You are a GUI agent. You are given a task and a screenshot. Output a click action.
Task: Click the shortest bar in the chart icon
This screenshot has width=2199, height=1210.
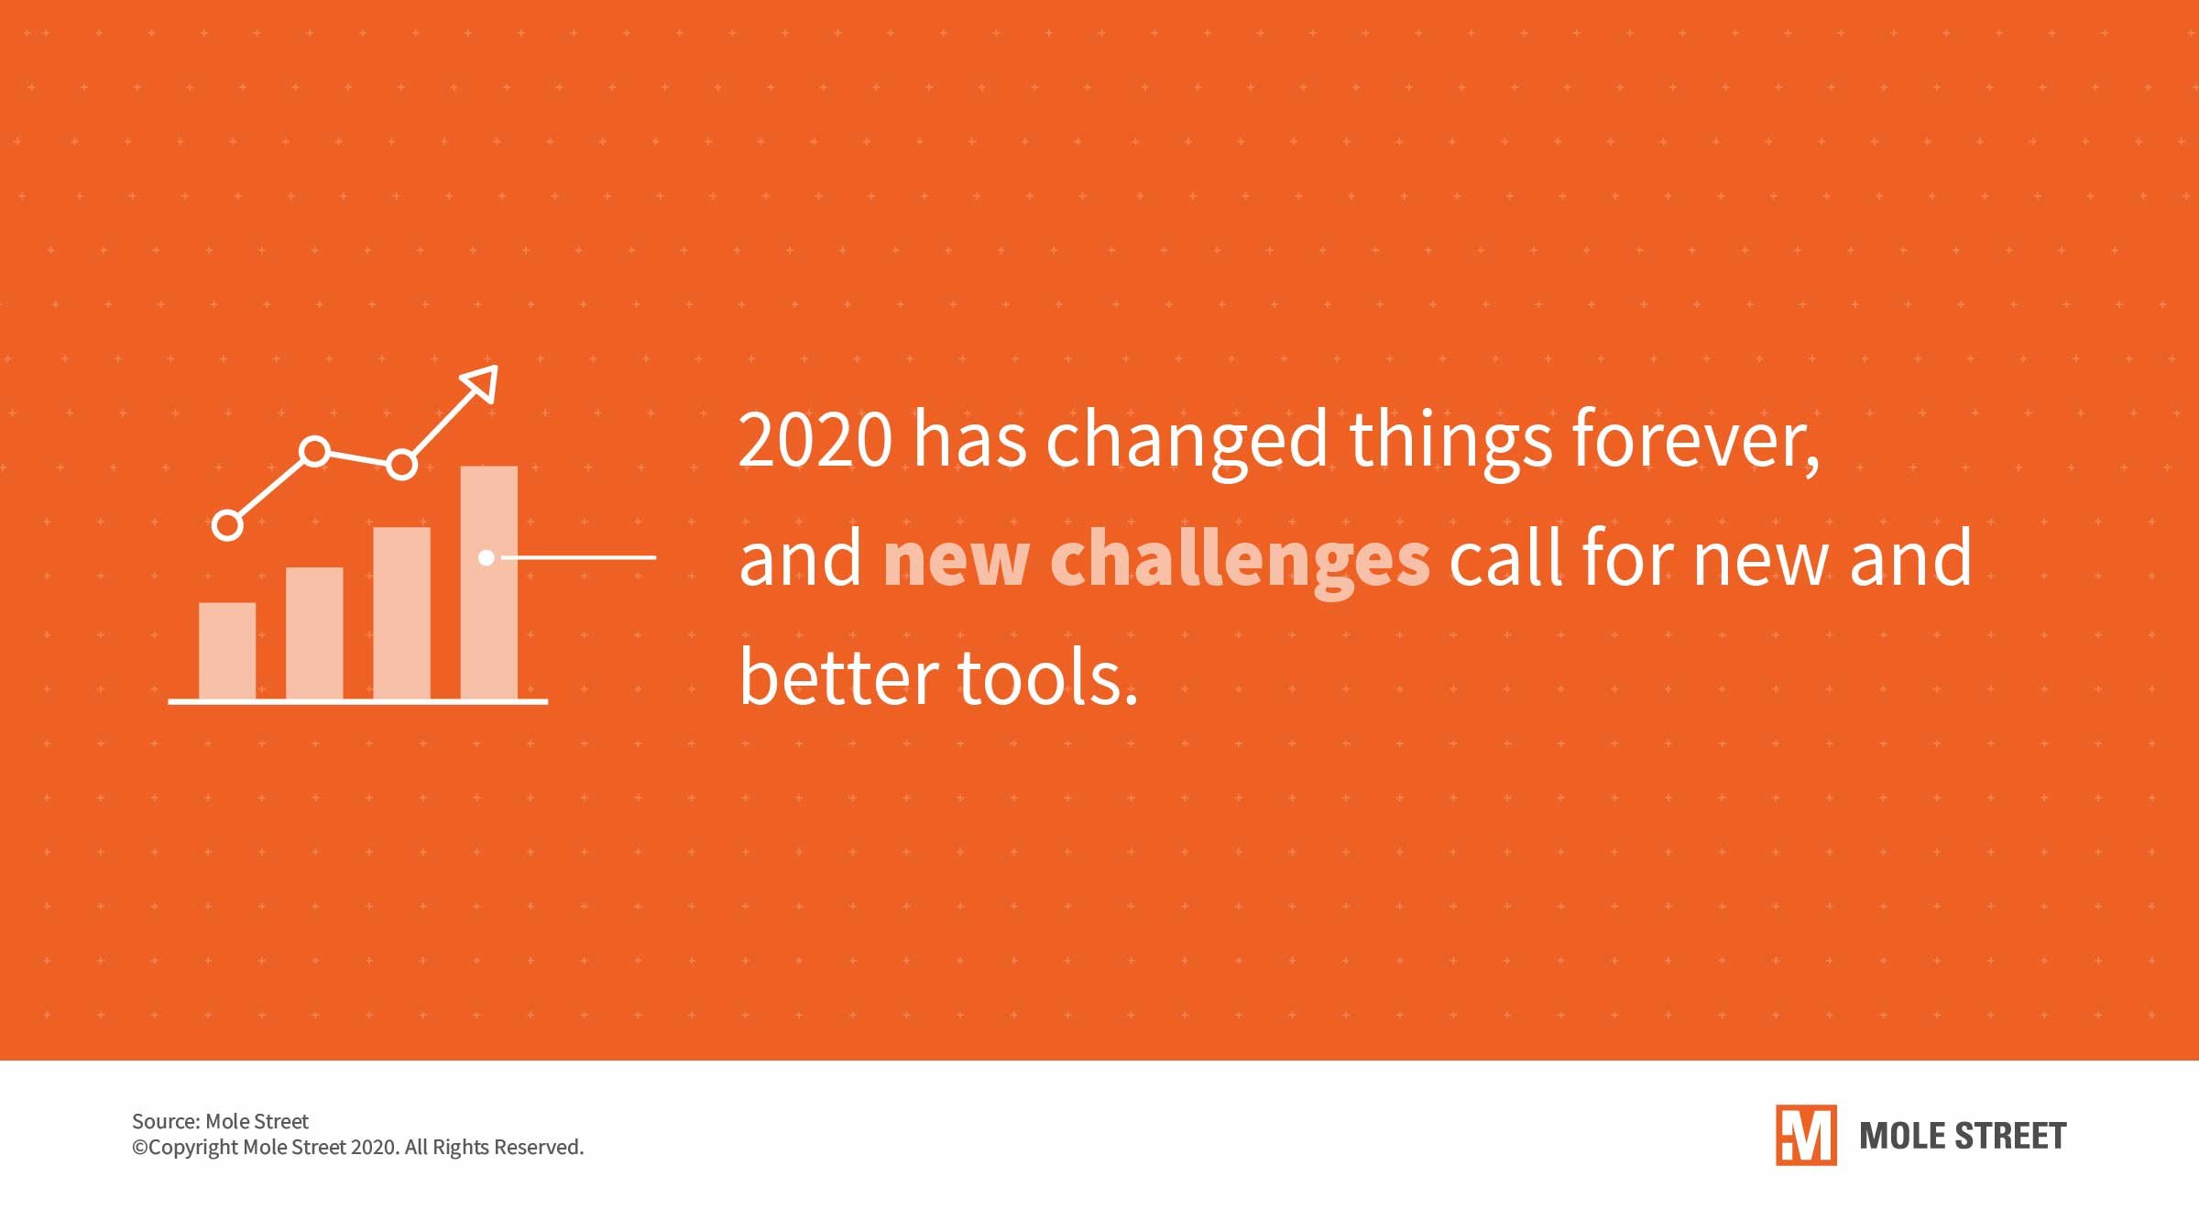point(227,651)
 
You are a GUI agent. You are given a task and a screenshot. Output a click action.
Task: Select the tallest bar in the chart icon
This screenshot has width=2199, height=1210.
point(489,583)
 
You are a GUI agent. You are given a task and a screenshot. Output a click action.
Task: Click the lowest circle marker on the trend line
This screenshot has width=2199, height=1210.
point(227,525)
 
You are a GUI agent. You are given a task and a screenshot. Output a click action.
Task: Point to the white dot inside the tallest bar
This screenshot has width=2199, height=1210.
point(487,557)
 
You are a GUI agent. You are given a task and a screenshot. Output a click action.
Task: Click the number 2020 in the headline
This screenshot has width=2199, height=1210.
point(815,440)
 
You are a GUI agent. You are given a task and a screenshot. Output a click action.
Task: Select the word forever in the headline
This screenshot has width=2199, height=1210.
point(1695,440)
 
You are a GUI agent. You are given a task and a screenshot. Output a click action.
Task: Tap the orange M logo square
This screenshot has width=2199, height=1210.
point(1806,1135)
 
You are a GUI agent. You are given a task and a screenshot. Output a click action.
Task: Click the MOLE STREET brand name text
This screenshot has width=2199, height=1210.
point(1963,1136)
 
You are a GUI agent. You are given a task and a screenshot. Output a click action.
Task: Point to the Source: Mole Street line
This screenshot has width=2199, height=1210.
point(220,1121)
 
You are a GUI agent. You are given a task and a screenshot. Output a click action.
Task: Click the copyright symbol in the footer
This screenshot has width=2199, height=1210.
point(139,1148)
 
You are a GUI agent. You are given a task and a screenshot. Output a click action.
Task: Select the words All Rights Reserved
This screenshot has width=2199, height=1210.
point(494,1147)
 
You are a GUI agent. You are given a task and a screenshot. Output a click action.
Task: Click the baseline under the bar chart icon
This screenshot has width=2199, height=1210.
point(358,701)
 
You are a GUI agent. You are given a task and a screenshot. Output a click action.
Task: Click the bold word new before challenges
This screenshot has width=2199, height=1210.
point(957,561)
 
